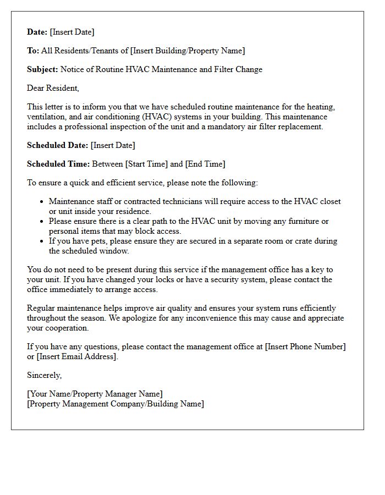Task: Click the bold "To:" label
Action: (x=33, y=51)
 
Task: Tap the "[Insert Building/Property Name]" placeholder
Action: (x=187, y=51)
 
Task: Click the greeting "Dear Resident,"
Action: (x=53, y=88)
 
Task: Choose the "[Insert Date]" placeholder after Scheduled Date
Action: (x=113, y=145)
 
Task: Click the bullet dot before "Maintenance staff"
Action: (x=41, y=202)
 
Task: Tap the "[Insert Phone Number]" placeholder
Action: (x=305, y=346)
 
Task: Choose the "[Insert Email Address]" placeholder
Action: (x=77, y=356)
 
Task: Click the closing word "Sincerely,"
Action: (x=45, y=375)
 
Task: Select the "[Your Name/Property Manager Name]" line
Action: (x=95, y=394)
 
